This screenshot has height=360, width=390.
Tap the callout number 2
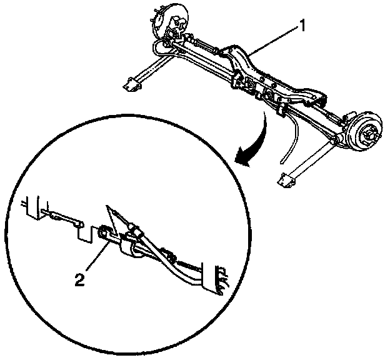[x=79, y=279]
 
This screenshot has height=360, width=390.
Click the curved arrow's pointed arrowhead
[x=239, y=161]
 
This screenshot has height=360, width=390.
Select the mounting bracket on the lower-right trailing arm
[x=289, y=180]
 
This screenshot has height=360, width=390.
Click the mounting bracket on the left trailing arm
[x=132, y=84]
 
